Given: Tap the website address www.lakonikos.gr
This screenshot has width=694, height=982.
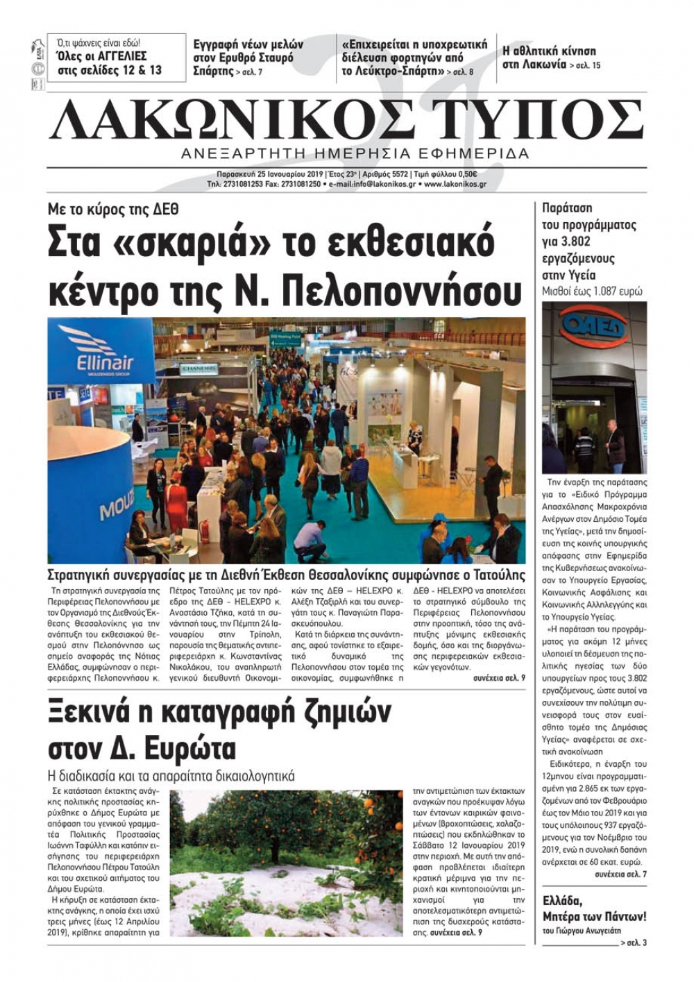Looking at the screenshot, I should pyautogui.click(x=455, y=185).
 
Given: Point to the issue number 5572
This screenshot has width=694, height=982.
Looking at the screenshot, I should pyautogui.click(x=396, y=174).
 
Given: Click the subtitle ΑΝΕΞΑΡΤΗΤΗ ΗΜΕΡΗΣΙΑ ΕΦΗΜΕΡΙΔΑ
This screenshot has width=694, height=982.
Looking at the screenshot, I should pyautogui.click(x=355, y=153).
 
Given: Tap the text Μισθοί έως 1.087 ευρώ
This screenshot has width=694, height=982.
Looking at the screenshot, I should pyautogui.click(x=592, y=291).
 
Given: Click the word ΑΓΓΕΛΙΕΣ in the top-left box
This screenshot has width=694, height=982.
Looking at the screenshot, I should pyautogui.click(x=117, y=56).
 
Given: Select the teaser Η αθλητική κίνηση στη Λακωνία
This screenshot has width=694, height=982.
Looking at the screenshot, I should pyautogui.click(x=549, y=58).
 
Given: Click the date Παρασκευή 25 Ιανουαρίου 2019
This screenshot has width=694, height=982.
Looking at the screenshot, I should pyautogui.click(x=270, y=174).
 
